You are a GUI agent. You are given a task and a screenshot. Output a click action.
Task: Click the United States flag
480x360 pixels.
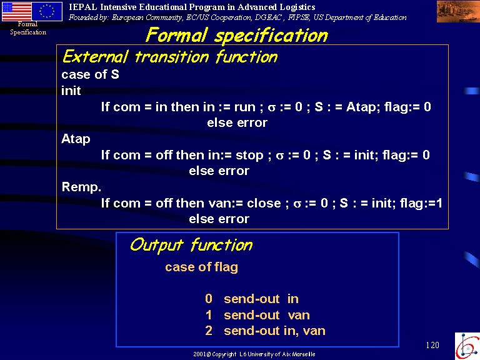[17, 11]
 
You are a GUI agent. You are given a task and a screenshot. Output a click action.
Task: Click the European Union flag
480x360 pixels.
[47, 11]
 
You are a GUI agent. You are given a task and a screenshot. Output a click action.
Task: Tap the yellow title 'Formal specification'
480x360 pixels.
[237, 35]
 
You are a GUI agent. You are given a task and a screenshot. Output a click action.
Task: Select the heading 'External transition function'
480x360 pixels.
[170, 57]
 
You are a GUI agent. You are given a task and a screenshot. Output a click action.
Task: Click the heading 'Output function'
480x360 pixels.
[191, 245]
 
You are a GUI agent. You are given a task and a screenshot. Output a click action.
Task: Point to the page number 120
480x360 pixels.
[432, 345]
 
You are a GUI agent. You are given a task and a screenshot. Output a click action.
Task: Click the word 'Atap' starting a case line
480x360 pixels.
[76, 139]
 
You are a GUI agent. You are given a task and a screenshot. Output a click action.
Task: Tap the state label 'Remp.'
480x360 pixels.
[81, 187]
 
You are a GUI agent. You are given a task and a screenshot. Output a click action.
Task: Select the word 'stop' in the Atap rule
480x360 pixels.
[249, 156]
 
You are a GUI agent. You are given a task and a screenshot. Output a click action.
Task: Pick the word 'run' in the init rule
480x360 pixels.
[245, 107]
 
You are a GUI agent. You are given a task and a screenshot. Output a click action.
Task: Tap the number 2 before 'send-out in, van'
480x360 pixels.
[209, 331]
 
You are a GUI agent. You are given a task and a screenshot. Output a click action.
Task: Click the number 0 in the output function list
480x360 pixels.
[209, 299]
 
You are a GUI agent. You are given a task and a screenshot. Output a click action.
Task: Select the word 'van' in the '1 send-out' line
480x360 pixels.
[299, 315]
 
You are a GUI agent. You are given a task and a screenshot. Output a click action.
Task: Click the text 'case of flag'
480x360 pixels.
[201, 267]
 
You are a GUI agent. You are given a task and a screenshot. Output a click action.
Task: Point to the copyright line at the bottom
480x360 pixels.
[254, 354]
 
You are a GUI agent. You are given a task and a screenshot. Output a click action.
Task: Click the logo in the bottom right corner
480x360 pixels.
[467, 346]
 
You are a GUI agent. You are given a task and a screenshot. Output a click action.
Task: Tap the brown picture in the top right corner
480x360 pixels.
[458, 11]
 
